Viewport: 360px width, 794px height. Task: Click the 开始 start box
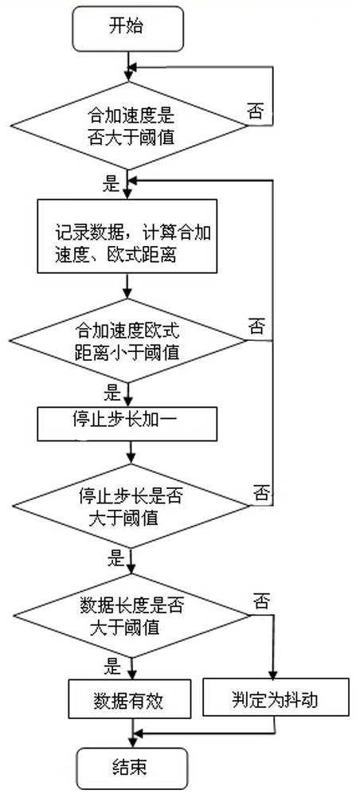pyautogui.click(x=127, y=29)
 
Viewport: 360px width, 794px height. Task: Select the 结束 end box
pyautogui.click(x=131, y=769)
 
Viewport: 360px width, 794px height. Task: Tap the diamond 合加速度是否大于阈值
pyautogui.click(x=128, y=126)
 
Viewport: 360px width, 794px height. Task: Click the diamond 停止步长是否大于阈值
pyautogui.click(x=131, y=506)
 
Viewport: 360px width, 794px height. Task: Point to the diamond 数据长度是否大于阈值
pyautogui.click(x=131, y=616)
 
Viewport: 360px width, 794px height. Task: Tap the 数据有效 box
pyautogui.click(x=130, y=699)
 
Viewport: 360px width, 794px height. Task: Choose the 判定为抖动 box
pyautogui.click(x=276, y=697)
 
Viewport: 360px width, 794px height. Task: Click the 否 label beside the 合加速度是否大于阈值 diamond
pyautogui.click(x=255, y=111)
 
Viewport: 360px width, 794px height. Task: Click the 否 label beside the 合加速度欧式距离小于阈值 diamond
pyautogui.click(x=257, y=326)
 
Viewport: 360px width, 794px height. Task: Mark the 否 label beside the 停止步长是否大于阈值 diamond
pyautogui.click(x=260, y=492)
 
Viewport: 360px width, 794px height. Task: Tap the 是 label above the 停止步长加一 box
pyautogui.click(x=112, y=392)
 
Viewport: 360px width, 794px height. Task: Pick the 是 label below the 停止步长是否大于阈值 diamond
pyautogui.click(x=115, y=558)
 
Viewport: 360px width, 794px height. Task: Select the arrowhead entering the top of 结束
pyautogui.click(x=132, y=742)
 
